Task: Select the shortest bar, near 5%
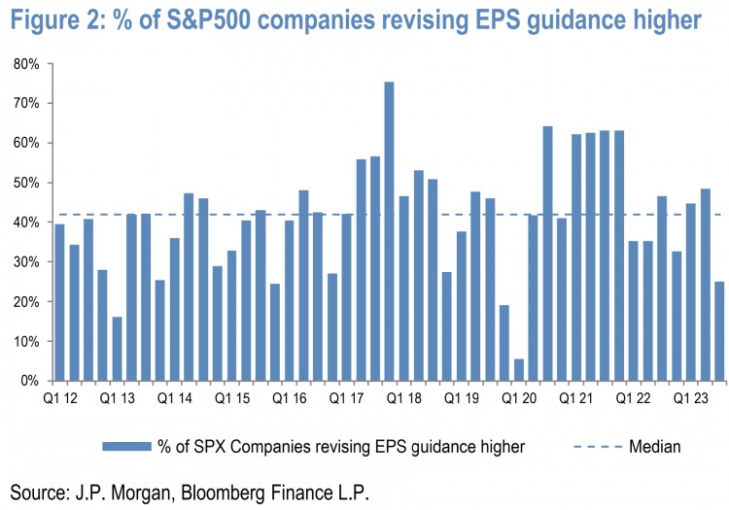[x=518, y=370]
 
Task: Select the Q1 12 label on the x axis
[x=60, y=398]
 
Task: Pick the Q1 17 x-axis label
[x=347, y=398]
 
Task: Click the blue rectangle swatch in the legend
[x=125, y=446]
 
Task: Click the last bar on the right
[x=719, y=331]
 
